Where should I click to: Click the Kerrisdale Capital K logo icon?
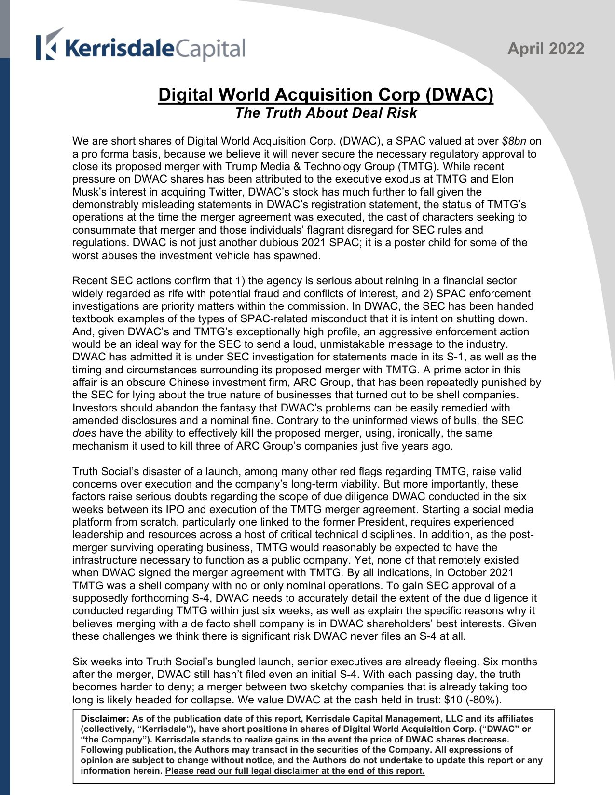pos(49,45)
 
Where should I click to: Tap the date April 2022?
pos(546,49)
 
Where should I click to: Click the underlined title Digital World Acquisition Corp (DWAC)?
pos(326,94)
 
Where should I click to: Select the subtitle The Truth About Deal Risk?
pos(326,113)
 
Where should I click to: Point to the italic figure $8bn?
pos(514,141)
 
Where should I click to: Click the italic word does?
pos(84,433)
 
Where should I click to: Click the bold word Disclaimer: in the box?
pos(105,719)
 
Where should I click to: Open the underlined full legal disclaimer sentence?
pos(295,771)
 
